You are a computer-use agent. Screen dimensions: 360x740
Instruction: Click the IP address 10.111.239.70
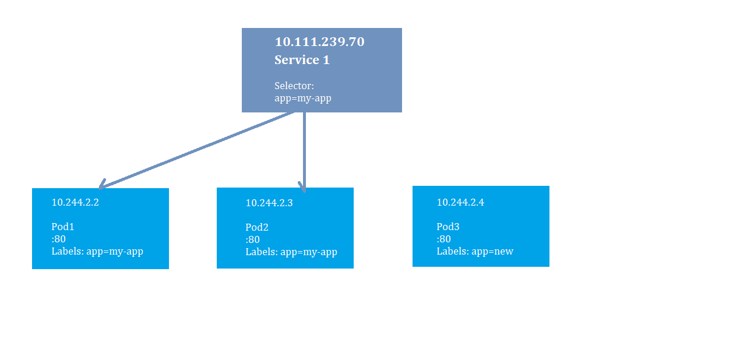click(319, 42)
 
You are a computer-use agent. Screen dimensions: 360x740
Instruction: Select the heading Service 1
click(302, 60)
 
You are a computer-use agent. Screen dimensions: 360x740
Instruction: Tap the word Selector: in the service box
click(294, 86)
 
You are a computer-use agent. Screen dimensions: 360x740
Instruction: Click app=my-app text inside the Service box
click(302, 98)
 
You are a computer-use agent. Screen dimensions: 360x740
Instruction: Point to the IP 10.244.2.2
click(75, 202)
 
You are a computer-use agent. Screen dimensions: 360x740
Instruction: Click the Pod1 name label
click(63, 227)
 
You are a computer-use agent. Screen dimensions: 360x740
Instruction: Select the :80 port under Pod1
click(58, 239)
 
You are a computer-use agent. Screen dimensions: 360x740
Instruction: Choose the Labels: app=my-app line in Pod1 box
click(97, 251)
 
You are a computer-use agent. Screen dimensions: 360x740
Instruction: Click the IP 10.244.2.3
click(269, 203)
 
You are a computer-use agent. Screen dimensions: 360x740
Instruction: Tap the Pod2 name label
click(257, 227)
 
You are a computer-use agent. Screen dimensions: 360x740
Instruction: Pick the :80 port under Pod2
click(252, 239)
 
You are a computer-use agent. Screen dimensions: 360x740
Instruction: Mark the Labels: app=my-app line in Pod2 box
click(291, 252)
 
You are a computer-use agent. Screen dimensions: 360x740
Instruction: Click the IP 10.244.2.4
click(460, 202)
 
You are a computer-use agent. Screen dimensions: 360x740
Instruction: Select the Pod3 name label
click(448, 227)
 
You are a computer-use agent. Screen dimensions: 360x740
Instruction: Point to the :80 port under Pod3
click(443, 239)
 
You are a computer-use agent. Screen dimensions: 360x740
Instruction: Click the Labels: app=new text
click(475, 251)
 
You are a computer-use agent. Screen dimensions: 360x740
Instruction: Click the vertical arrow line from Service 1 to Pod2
click(304, 149)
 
